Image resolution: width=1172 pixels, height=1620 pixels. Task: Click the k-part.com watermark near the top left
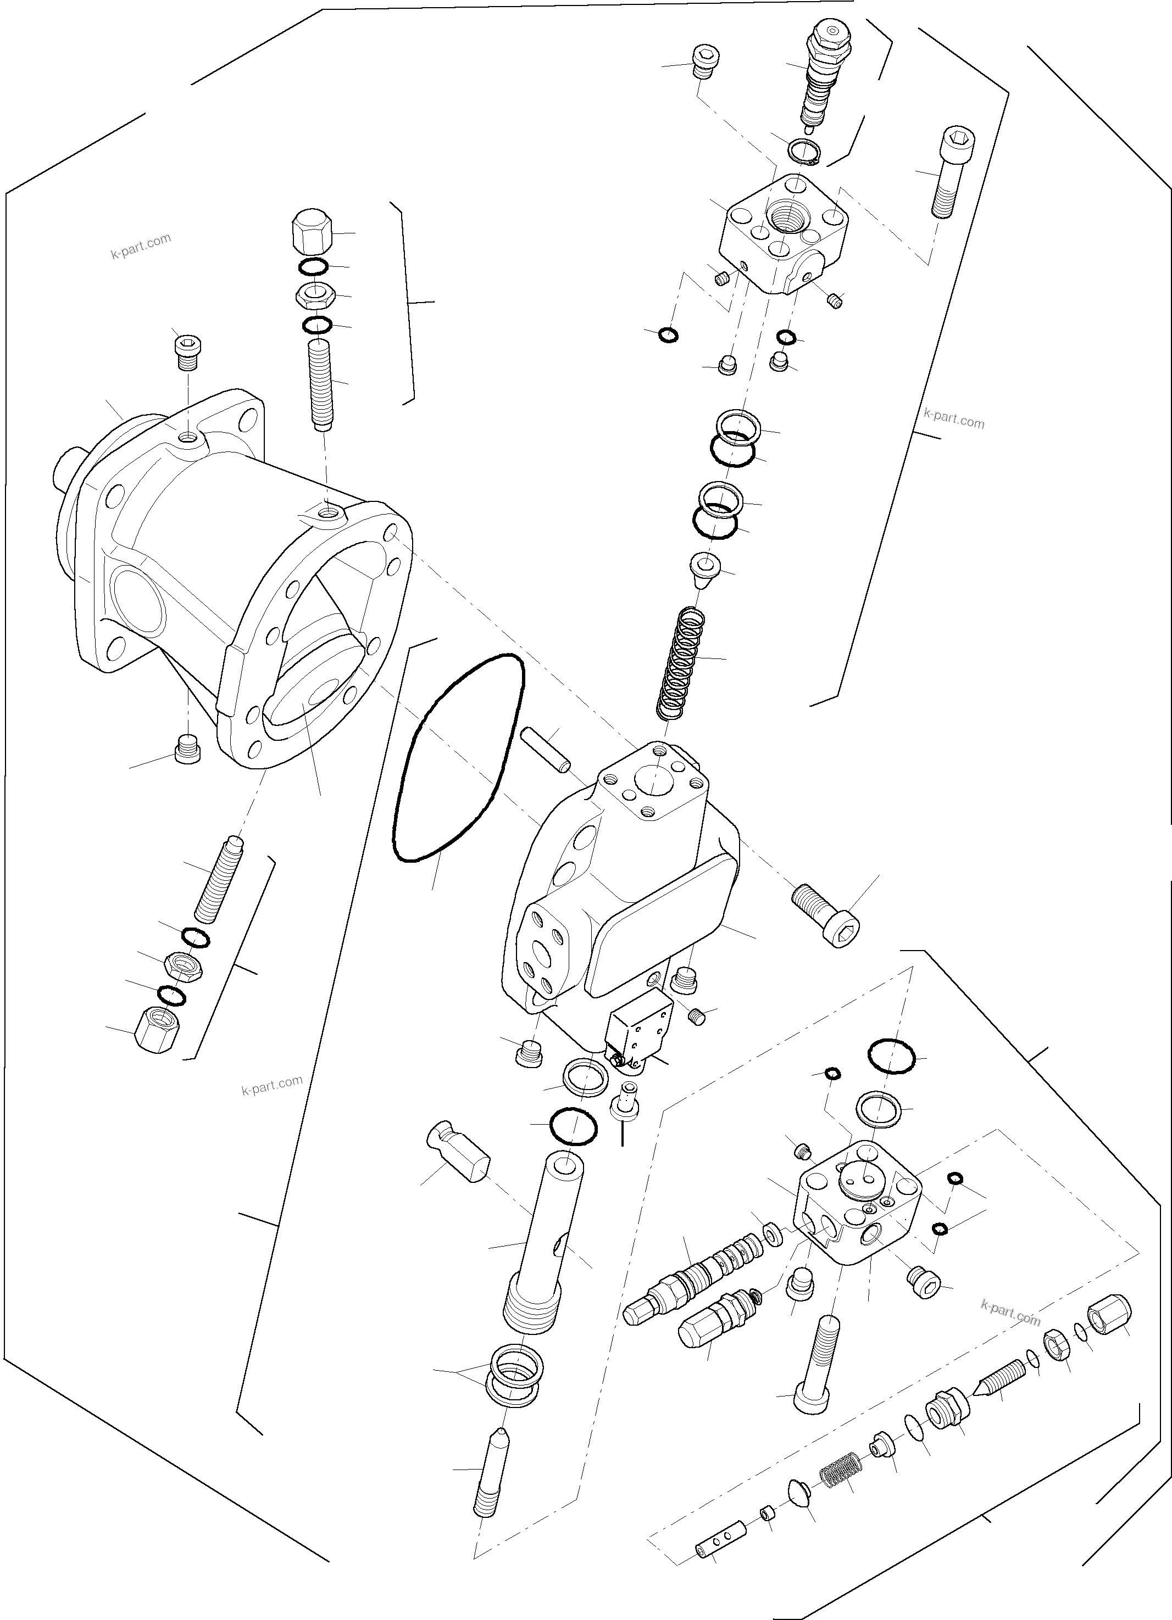click(141, 247)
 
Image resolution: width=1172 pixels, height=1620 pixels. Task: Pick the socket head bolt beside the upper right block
click(949, 171)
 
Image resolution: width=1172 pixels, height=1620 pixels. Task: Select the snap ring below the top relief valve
click(804, 152)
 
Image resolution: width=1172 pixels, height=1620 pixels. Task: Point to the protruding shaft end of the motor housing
click(69, 470)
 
